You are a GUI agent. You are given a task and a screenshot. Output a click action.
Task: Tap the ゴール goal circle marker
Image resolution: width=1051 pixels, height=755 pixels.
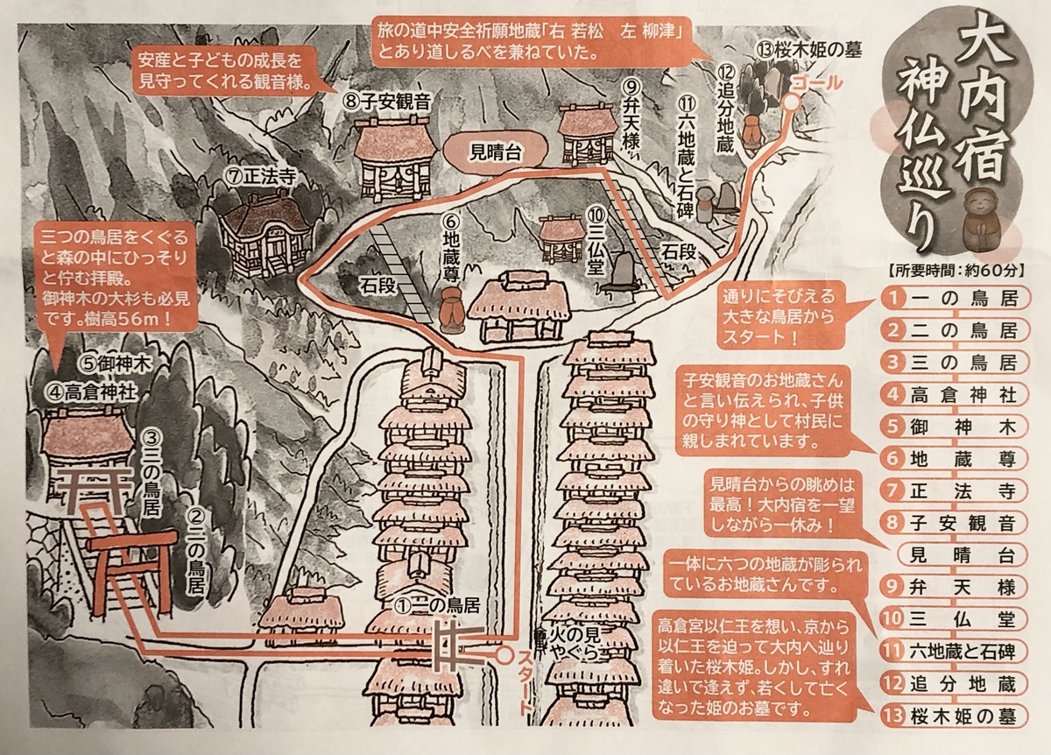tap(790, 102)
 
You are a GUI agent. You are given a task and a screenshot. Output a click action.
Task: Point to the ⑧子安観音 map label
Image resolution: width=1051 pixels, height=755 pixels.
tap(386, 101)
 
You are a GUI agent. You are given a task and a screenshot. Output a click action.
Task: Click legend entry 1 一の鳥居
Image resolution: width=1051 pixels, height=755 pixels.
tap(952, 298)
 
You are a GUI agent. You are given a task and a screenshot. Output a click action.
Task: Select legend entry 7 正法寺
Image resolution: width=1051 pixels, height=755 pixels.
tap(952, 493)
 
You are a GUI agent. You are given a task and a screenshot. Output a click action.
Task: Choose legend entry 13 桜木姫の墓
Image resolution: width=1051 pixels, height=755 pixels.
tap(952, 716)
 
